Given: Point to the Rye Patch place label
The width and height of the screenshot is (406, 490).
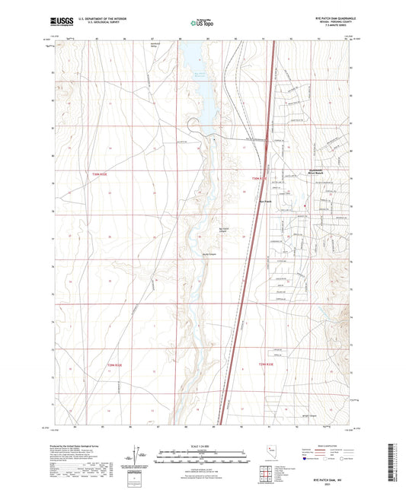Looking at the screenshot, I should point(266,201).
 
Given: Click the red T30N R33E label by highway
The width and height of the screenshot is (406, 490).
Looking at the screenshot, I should point(261,179).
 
